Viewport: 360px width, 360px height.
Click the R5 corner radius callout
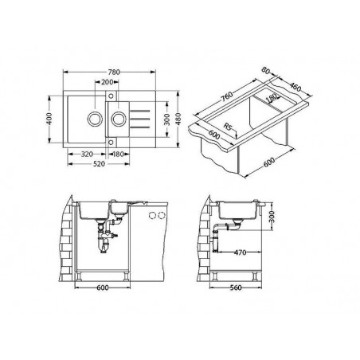229,125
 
